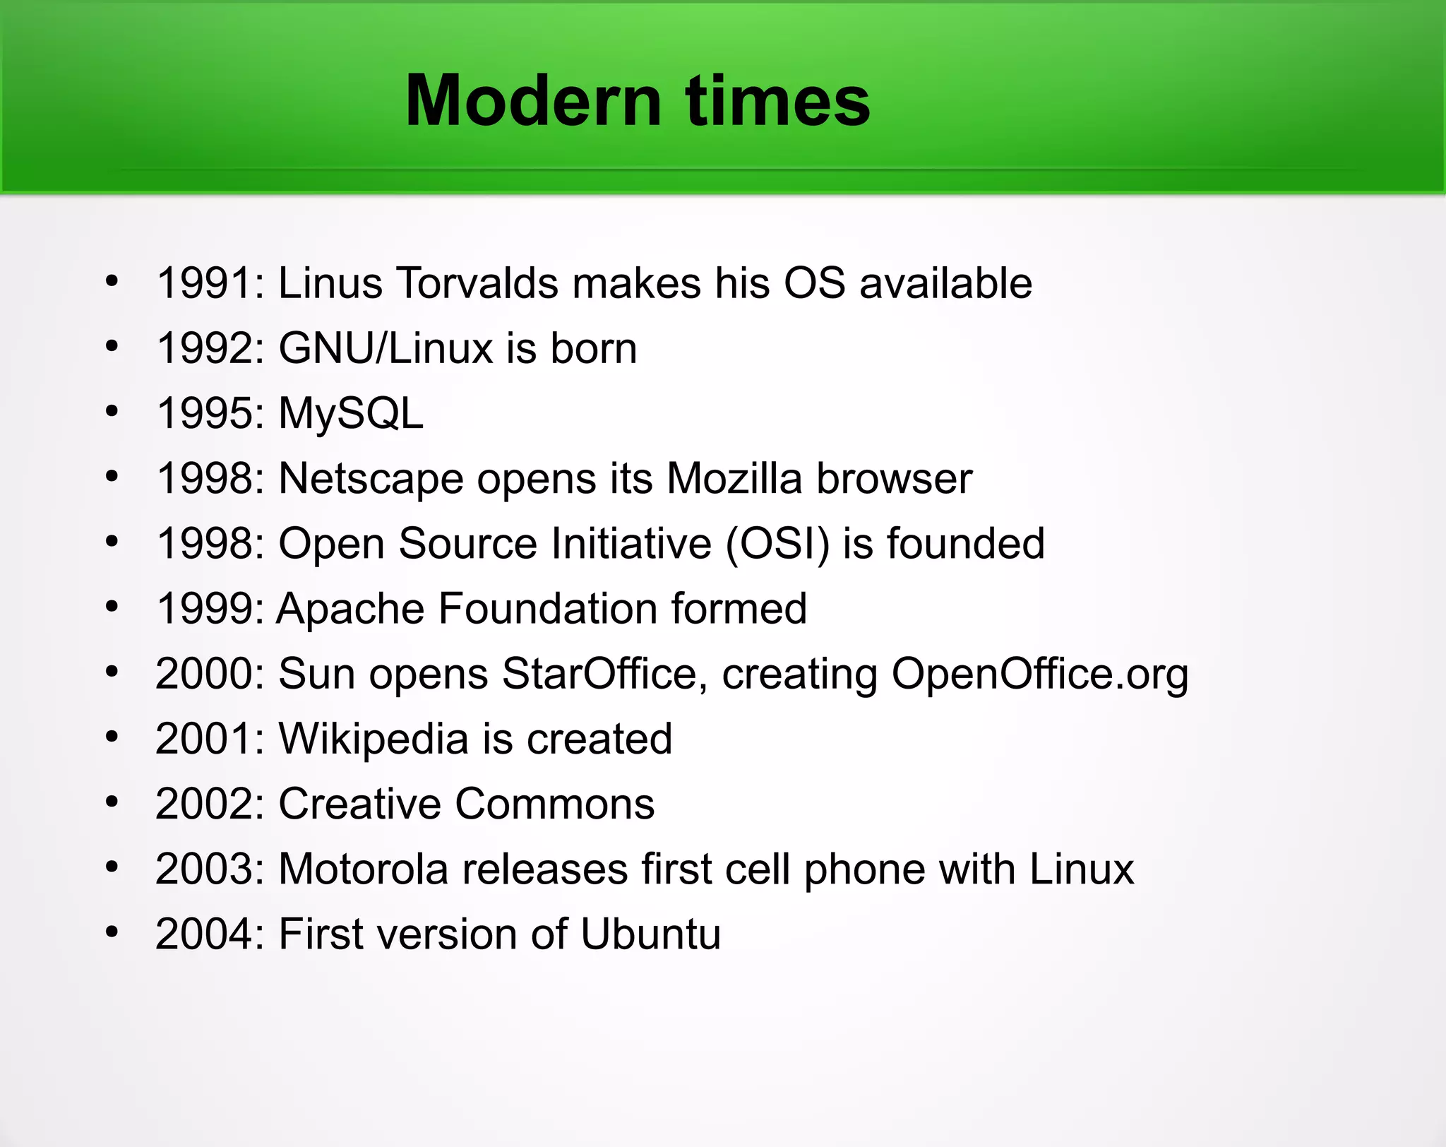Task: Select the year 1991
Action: (x=205, y=283)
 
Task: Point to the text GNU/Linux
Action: (x=386, y=348)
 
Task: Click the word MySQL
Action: (x=351, y=413)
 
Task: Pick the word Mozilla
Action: (x=734, y=478)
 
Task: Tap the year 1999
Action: (x=205, y=609)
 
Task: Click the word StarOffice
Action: (x=599, y=673)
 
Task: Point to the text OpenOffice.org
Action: (x=1040, y=673)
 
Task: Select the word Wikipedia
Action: (x=374, y=739)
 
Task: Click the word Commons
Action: (x=555, y=804)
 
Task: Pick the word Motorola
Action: (x=364, y=869)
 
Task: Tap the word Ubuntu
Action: (x=650, y=934)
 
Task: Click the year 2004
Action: (x=205, y=934)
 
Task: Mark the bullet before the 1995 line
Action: (x=112, y=412)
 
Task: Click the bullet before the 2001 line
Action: (x=112, y=737)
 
